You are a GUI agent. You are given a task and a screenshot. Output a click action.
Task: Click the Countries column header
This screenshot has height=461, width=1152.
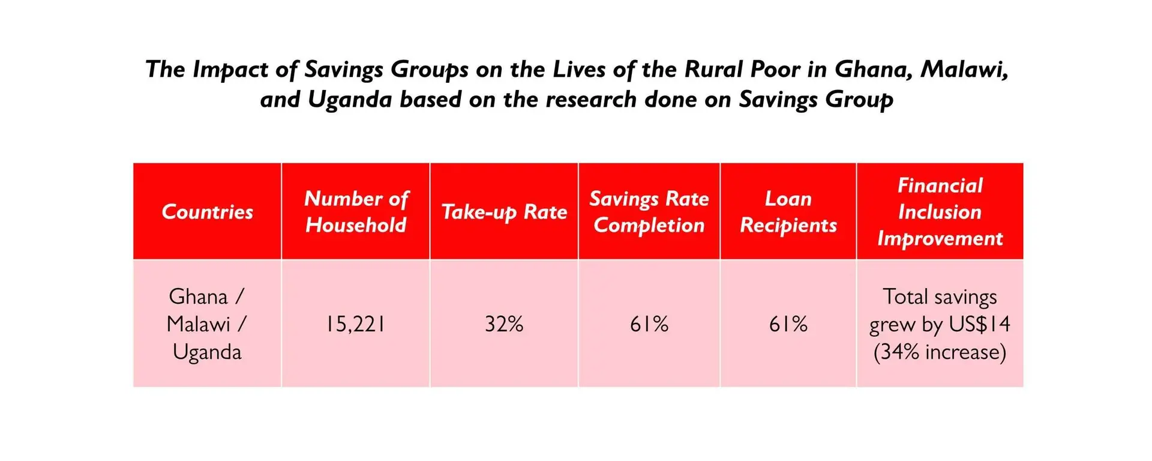[x=207, y=211]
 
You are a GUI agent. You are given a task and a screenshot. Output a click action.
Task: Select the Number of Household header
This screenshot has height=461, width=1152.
[x=356, y=211]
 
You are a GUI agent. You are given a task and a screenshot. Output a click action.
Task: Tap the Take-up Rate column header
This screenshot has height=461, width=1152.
[x=504, y=212]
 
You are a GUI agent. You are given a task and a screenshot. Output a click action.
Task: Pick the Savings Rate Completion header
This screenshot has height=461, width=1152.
[x=649, y=212]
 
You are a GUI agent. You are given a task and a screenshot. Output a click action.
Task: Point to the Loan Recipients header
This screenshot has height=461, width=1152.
[x=788, y=211]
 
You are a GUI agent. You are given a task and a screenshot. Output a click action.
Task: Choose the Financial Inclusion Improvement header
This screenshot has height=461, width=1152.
[x=940, y=212]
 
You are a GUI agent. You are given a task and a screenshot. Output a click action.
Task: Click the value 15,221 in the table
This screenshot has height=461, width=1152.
[x=355, y=324]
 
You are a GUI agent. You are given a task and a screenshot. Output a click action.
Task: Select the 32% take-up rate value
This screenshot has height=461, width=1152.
[x=504, y=324]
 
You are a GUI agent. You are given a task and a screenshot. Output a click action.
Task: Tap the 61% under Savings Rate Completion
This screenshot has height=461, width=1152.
[x=649, y=324]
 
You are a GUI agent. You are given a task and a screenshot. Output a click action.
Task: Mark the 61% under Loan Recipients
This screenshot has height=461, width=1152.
[x=788, y=324]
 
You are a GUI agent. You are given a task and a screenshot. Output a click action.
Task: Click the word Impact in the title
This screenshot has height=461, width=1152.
[x=230, y=70]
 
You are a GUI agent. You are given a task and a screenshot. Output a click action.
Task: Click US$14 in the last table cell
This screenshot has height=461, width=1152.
[x=980, y=324]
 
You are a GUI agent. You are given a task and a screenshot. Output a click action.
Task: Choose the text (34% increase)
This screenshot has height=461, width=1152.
[x=940, y=352]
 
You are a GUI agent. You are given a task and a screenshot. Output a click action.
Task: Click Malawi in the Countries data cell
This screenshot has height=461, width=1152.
[x=199, y=324]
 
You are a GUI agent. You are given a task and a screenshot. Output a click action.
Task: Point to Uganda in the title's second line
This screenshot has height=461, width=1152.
[x=350, y=100]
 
